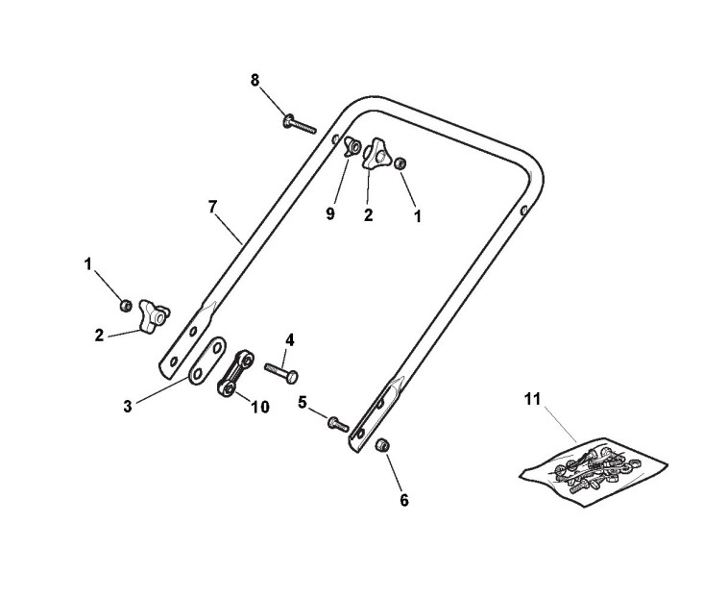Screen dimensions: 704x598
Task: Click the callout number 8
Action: click(x=255, y=80)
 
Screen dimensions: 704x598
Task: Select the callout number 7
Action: click(x=212, y=206)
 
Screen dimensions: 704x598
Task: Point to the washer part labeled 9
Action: click(x=352, y=147)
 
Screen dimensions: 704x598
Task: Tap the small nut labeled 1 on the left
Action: click(x=125, y=306)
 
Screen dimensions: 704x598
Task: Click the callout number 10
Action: click(x=259, y=407)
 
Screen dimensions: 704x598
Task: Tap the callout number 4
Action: click(x=290, y=339)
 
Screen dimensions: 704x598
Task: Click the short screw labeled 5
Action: click(x=335, y=421)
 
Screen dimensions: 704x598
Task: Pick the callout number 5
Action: click(x=302, y=404)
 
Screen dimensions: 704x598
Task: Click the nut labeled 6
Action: click(x=381, y=445)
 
